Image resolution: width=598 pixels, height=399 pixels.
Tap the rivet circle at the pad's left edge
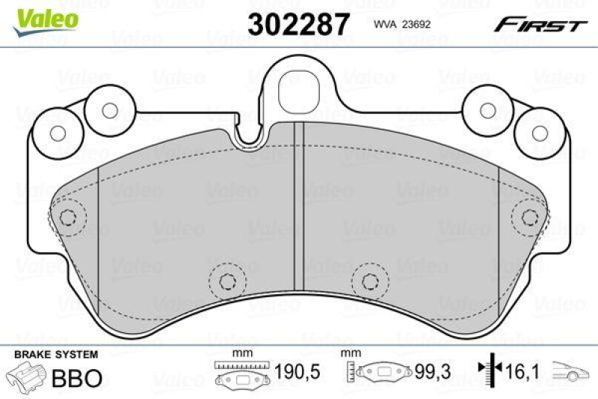[68, 219]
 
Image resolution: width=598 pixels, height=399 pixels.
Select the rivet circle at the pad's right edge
[529, 218]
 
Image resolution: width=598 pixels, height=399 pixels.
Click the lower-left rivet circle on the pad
[225, 281]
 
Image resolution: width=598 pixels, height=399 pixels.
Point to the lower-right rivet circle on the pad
[368, 281]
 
